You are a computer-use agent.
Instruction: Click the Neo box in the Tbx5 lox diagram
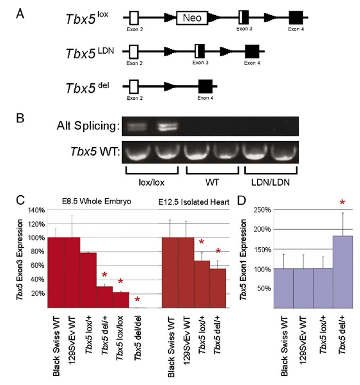tap(192, 18)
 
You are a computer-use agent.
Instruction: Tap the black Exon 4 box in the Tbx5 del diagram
tap(205, 87)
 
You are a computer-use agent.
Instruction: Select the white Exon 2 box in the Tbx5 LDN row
tap(134, 52)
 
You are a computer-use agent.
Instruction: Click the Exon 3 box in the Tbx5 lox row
tap(244, 18)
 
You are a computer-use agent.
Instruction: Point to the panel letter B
tap(20, 118)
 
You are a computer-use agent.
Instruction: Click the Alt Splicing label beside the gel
tap(88, 126)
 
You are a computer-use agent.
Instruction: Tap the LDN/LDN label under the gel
tap(270, 183)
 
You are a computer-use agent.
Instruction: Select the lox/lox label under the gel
tap(152, 183)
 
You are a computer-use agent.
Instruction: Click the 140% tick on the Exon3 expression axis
tap(36, 210)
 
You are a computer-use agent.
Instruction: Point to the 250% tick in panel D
tap(262, 210)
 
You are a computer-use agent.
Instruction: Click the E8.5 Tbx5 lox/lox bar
tap(121, 300)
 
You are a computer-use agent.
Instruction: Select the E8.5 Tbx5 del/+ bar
tap(105, 297)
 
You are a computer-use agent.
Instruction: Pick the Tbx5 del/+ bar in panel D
tap(342, 272)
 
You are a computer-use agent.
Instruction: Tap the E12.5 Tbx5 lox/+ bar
tap(202, 284)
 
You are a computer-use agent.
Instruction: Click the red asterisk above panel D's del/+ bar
tap(342, 202)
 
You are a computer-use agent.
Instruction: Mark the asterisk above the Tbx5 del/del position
tap(137, 299)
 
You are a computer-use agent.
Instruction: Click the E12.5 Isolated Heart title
tap(194, 202)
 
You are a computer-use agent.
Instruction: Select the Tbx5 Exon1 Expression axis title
tap(243, 259)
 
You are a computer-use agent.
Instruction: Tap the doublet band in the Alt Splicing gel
tap(168, 127)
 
